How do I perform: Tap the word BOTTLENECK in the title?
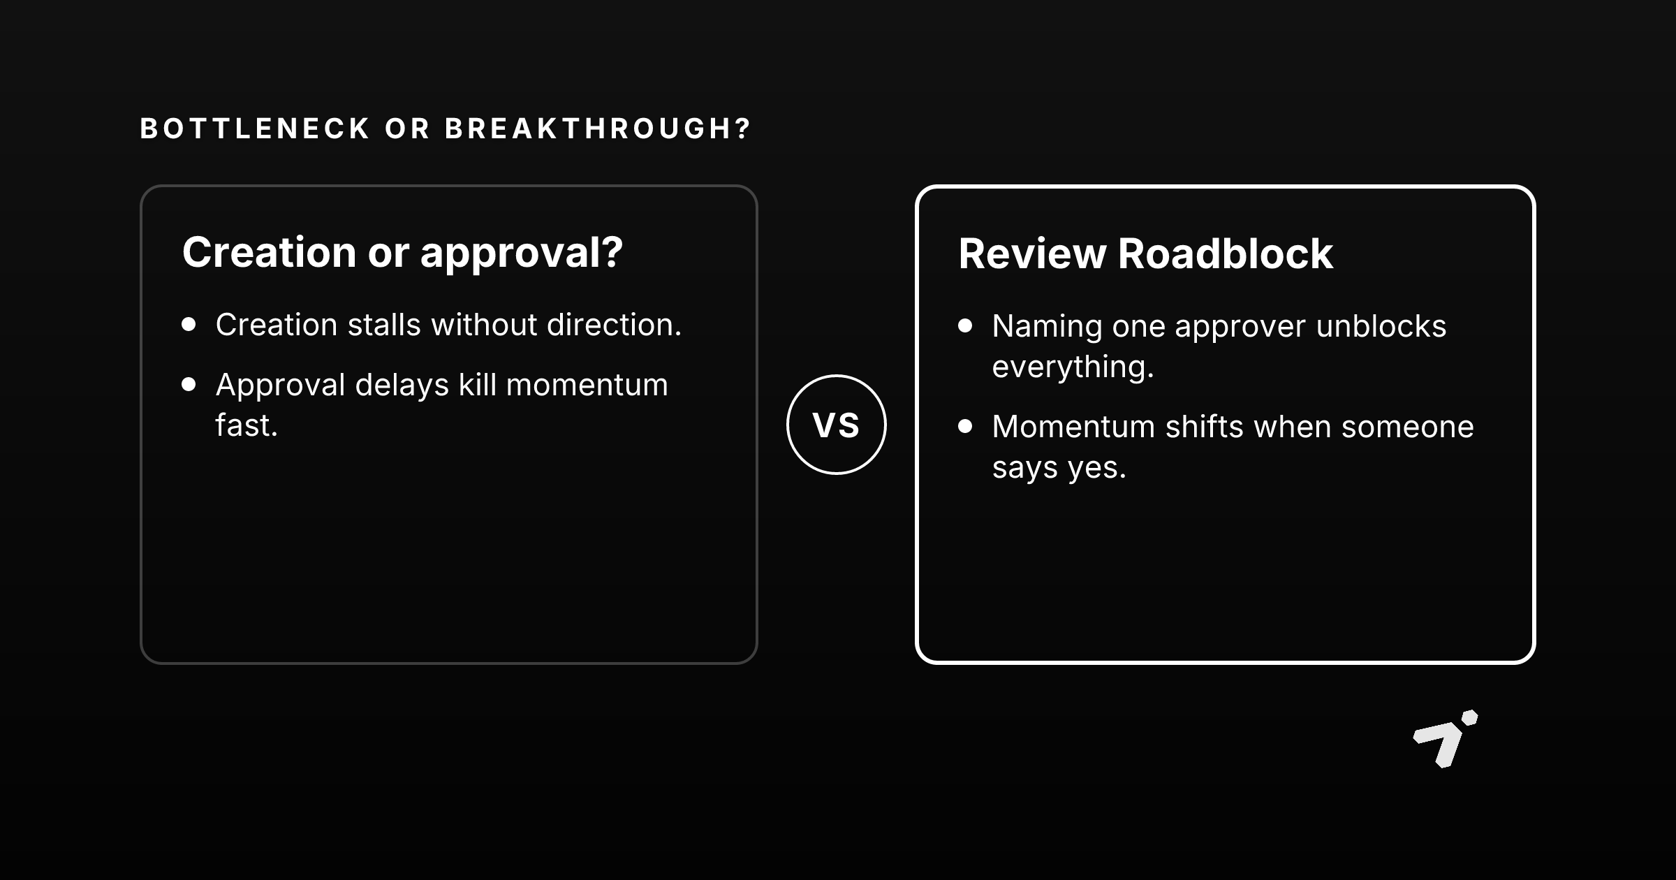[x=256, y=129]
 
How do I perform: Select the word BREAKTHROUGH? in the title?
[x=598, y=129]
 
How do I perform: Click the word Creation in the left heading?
[x=270, y=252]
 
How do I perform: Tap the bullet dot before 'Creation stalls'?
[x=189, y=324]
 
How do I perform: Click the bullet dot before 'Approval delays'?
[x=189, y=384]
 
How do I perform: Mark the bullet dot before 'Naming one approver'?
[x=965, y=325]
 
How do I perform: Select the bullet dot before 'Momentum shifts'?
[x=965, y=426]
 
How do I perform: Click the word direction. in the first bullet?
[x=614, y=325]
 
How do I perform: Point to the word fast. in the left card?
[x=247, y=425]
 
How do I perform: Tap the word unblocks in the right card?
[x=1381, y=326]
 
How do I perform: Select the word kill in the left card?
[x=477, y=385]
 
